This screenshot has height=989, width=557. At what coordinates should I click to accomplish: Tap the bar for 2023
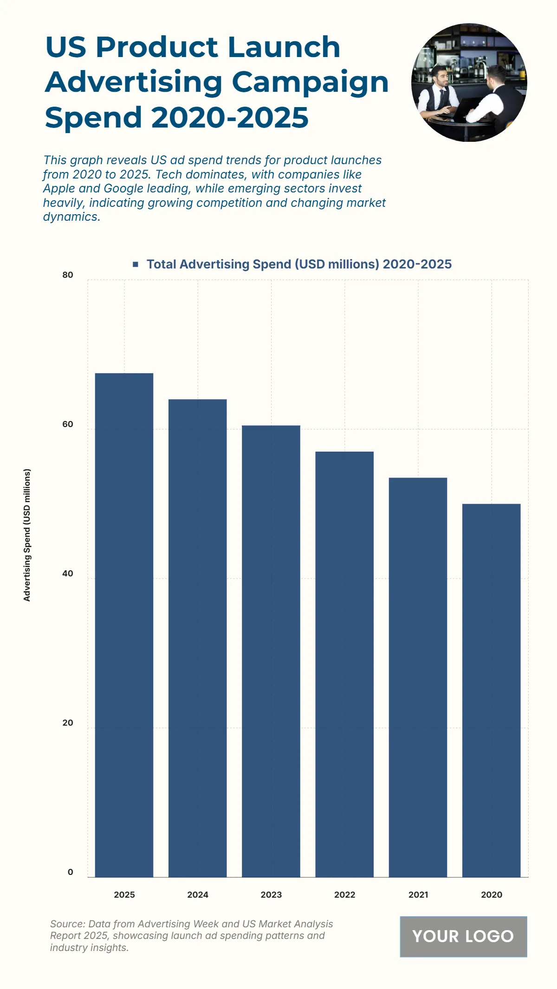tap(271, 651)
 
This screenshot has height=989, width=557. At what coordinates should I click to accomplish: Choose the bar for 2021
tap(418, 677)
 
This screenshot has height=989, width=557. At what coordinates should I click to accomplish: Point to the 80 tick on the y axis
tap(68, 275)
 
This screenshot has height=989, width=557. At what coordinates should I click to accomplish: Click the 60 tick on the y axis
tap(68, 424)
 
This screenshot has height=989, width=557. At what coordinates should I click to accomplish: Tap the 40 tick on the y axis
tap(68, 574)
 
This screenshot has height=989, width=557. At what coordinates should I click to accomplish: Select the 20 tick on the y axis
tap(68, 723)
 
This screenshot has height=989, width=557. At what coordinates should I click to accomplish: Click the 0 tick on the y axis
tap(71, 872)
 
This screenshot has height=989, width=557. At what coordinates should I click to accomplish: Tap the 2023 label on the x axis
tap(271, 895)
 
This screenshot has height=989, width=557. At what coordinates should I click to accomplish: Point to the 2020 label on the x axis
tap(492, 895)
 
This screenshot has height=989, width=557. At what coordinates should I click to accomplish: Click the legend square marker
tap(136, 264)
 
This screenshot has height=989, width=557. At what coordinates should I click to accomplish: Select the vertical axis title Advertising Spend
tap(27, 535)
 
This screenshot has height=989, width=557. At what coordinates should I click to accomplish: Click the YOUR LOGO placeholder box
tap(463, 936)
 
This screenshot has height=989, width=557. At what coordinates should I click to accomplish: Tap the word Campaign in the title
tap(310, 82)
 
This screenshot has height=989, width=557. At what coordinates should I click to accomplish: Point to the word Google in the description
tap(123, 189)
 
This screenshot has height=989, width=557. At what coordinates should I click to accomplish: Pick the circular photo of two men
tap(469, 83)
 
